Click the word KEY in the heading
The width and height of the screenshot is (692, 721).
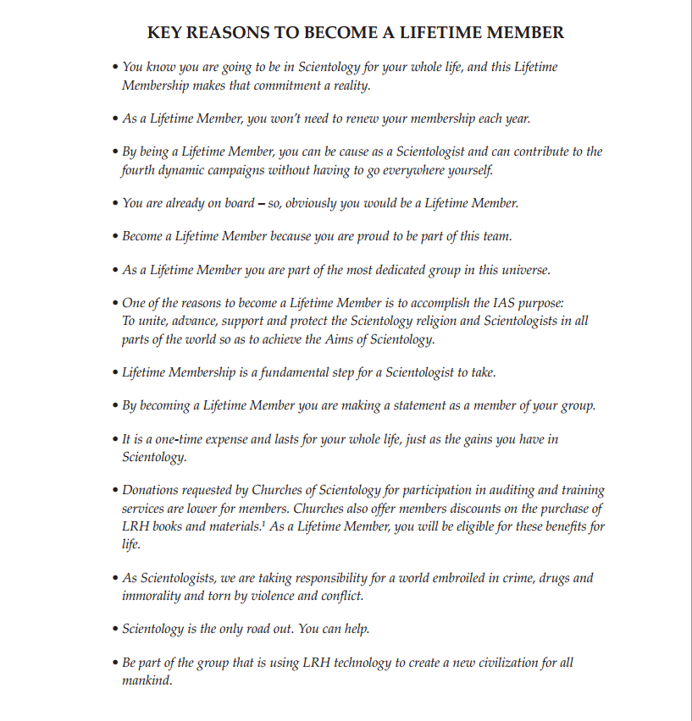[x=165, y=33]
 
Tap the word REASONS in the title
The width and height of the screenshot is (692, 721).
[x=230, y=33]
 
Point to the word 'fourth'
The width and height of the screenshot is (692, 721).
[x=138, y=169]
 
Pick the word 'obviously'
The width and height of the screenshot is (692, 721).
[x=313, y=203]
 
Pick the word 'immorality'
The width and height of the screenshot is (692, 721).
[x=152, y=596]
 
